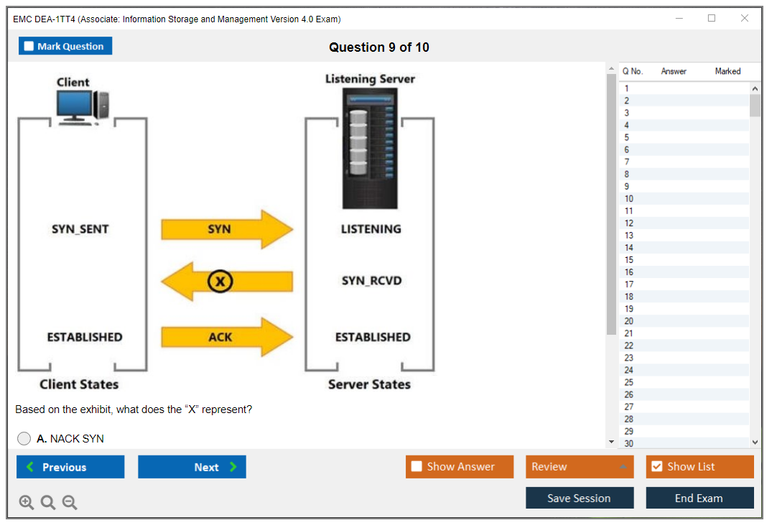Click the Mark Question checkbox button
(x=65, y=46)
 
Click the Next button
(x=192, y=467)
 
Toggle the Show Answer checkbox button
(x=459, y=467)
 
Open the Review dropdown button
(x=579, y=467)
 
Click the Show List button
(x=699, y=467)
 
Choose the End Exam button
(x=699, y=498)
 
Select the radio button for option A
(x=24, y=438)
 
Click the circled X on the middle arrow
(x=220, y=282)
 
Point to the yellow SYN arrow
(x=227, y=229)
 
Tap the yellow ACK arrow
(x=227, y=337)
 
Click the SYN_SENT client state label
(x=80, y=229)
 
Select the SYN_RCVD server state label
(x=371, y=281)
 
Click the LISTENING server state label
(x=371, y=229)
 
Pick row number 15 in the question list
(x=628, y=260)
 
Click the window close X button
(x=745, y=19)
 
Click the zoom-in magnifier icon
(x=27, y=503)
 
